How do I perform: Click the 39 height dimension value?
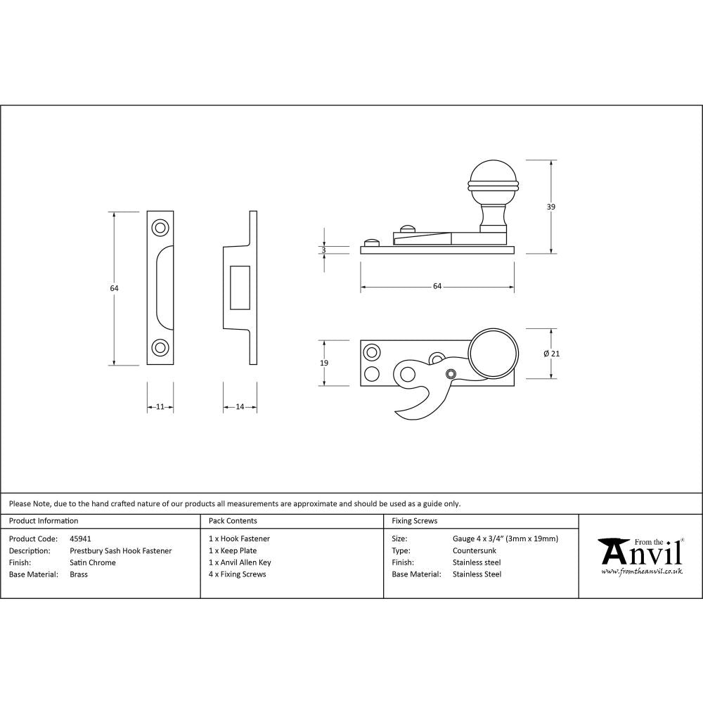pos(550,207)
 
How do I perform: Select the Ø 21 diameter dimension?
pos(552,354)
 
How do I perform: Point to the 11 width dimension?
pos(160,407)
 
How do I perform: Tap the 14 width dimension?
pos(240,407)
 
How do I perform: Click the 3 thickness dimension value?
pos(323,250)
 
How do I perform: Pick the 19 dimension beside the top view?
pos(323,363)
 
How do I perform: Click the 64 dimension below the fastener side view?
pos(437,286)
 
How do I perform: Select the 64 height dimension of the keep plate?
pos(114,288)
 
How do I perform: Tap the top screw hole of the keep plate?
pos(160,228)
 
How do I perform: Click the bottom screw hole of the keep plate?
pos(160,347)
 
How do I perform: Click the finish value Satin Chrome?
pos(93,562)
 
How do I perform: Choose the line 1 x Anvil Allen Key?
pos(240,562)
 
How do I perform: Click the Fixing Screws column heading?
pos(414,521)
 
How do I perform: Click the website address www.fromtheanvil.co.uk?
pos(641,572)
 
